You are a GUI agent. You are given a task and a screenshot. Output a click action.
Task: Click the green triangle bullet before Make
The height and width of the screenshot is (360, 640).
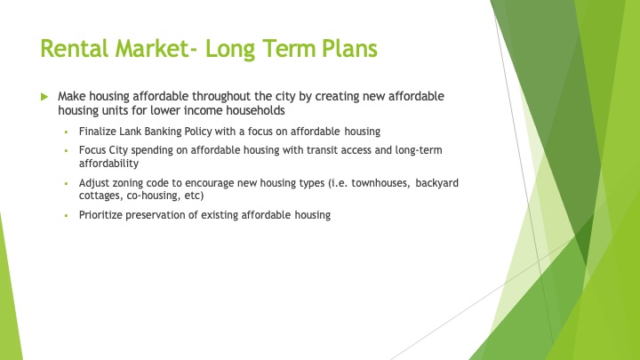[44, 97]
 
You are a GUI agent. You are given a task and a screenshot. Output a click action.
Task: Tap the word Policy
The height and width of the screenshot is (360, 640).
[198, 132]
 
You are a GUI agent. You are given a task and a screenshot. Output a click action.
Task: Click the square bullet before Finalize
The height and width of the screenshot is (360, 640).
[66, 132]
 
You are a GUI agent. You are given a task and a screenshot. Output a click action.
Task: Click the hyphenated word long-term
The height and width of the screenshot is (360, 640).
[419, 150]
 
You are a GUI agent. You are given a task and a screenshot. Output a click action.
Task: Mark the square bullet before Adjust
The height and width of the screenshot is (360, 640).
[66, 184]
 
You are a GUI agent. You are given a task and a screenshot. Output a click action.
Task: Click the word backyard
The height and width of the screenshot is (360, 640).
[437, 183]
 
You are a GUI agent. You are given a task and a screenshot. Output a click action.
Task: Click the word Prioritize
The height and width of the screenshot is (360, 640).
[100, 215]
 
